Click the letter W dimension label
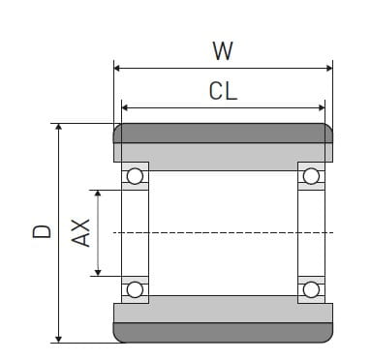tap(223, 49)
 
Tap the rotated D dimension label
tap(41, 232)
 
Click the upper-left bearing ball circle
tap(135, 176)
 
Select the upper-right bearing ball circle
tap(311, 176)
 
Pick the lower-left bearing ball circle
tap(135, 289)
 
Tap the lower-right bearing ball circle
tap(311, 289)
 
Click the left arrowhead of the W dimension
tap(118, 68)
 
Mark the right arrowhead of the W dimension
tap(328, 68)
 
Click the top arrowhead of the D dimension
tap(59, 128)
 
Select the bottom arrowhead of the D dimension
tap(59, 338)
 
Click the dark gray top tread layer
tap(223, 133)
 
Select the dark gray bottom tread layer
tap(223, 333)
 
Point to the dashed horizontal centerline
tap(223, 232)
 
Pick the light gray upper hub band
tap(223, 153)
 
